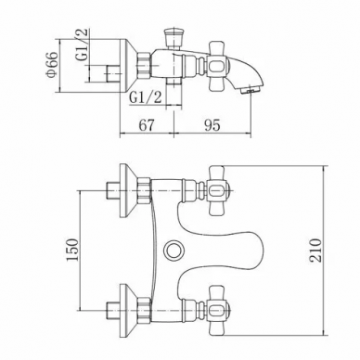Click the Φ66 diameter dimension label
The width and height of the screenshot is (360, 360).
click(x=52, y=64)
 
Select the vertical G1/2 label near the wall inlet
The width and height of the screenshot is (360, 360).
click(x=83, y=45)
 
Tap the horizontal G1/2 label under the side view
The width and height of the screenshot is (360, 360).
click(x=145, y=97)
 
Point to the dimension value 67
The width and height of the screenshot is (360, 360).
click(x=147, y=125)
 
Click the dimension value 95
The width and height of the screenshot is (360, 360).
click(x=212, y=125)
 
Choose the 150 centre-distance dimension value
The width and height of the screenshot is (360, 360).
click(x=73, y=250)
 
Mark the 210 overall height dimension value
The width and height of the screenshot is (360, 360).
click(x=315, y=251)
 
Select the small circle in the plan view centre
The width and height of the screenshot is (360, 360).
click(x=173, y=250)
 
